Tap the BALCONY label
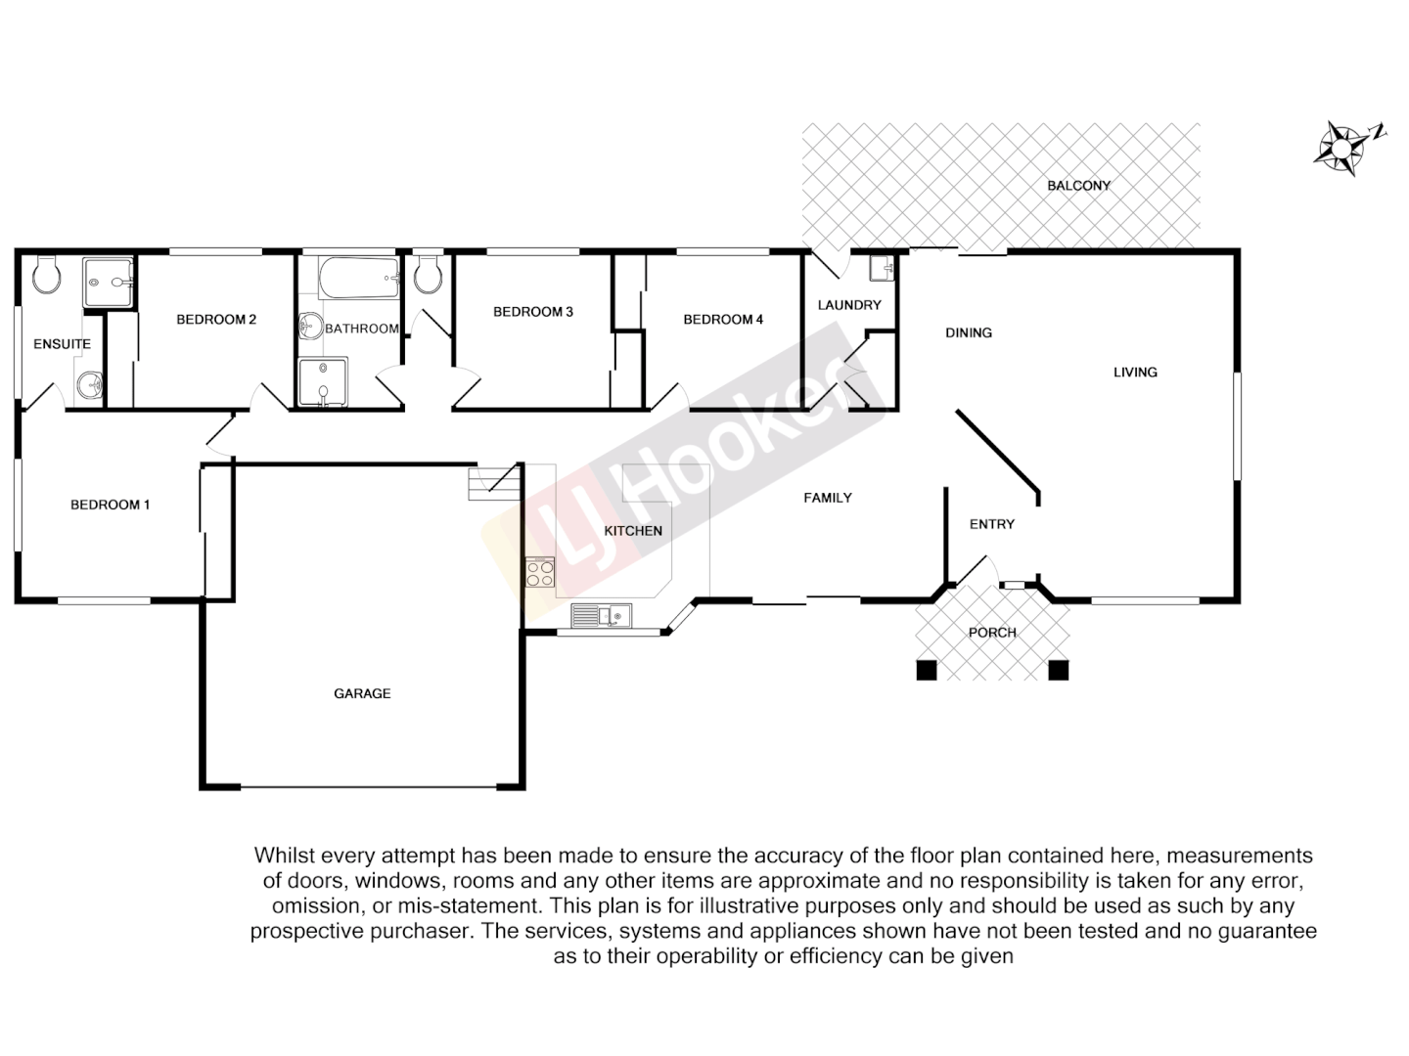point(1078,186)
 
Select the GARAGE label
point(362,693)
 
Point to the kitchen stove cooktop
point(539,572)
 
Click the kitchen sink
point(601,615)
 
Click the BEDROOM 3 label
point(532,312)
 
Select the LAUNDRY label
point(849,305)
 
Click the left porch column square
point(926,670)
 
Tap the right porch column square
point(1058,670)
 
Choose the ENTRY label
point(991,524)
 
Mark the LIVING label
point(1135,372)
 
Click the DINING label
point(969,332)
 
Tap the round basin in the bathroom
point(312,326)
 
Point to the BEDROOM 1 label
point(110,505)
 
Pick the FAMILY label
point(828,498)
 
